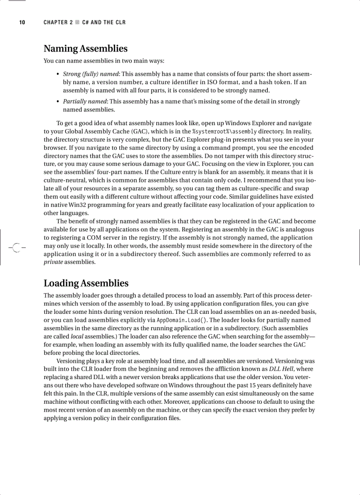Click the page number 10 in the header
click(x=22, y=22)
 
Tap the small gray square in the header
click(x=77, y=22)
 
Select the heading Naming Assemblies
click(x=85, y=48)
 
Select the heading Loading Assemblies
click(x=86, y=283)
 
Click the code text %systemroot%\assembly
click(x=225, y=131)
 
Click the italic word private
click(x=53, y=262)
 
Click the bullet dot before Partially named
click(x=58, y=101)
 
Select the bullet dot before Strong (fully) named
click(x=58, y=74)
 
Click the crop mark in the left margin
click(x=16, y=247)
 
